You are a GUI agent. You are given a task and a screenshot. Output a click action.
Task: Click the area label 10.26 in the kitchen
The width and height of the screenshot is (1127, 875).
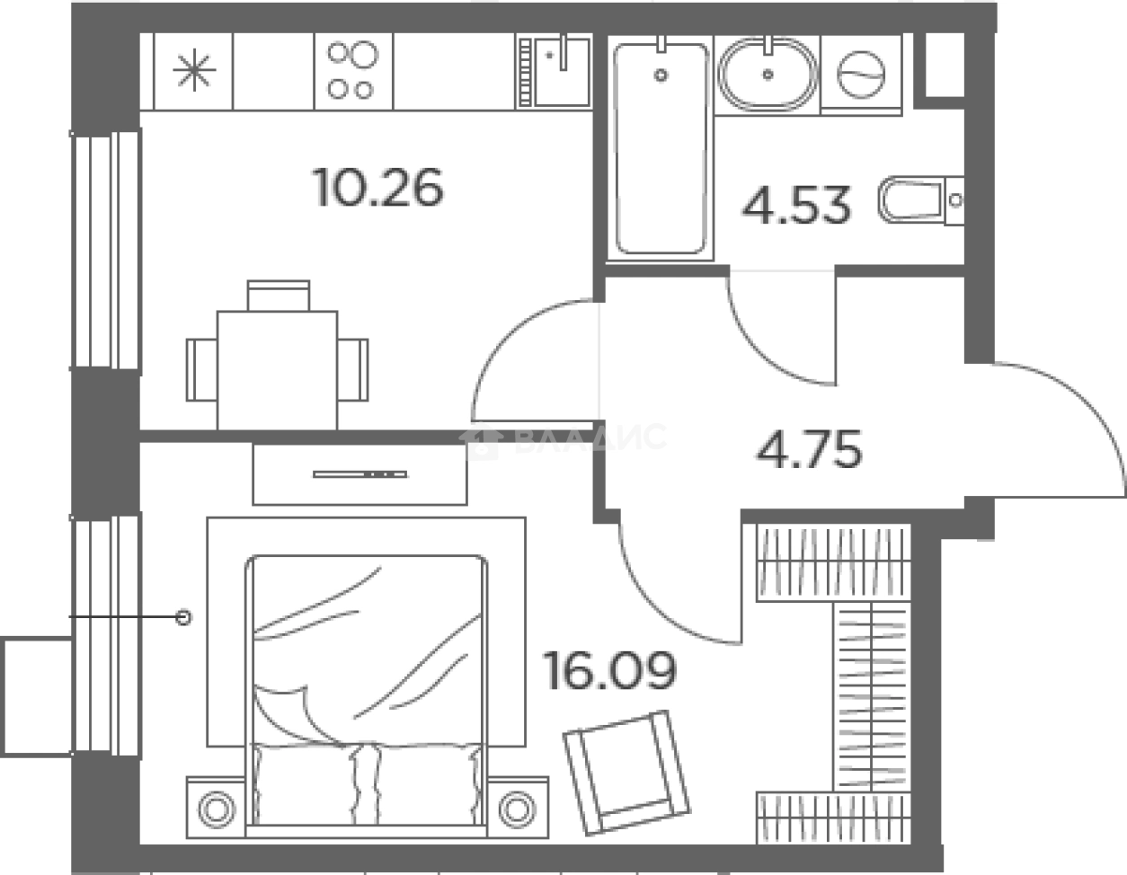(378, 187)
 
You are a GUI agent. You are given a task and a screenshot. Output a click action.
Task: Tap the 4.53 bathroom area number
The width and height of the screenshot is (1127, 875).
(796, 205)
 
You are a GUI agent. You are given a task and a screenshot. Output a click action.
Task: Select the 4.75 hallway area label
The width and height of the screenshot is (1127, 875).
(809, 449)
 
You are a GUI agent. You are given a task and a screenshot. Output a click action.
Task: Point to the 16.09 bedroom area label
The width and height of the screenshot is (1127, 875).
(610, 670)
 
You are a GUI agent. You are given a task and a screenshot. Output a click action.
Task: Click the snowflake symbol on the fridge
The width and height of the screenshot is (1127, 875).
(194, 70)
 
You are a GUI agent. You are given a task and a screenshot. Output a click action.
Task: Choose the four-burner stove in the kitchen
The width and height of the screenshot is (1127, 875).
(353, 71)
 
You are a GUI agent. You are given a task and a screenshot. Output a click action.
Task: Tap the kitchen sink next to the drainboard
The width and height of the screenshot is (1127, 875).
(563, 72)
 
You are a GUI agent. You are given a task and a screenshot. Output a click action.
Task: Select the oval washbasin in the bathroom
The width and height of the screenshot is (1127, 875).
(768, 74)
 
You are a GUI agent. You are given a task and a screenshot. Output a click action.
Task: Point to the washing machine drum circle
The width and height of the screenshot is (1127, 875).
(861, 75)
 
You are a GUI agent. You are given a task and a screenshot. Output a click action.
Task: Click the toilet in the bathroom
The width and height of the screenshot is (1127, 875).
(921, 200)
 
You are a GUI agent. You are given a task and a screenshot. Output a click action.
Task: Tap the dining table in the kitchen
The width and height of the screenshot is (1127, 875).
(278, 370)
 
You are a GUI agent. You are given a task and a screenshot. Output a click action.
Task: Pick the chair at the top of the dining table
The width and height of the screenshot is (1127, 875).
(279, 296)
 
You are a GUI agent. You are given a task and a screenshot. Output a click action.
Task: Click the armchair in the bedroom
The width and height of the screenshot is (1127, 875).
(626, 773)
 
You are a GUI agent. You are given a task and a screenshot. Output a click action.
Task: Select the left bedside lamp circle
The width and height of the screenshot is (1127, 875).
(217, 809)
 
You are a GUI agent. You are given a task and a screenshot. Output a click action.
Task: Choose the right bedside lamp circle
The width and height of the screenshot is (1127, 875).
(517, 809)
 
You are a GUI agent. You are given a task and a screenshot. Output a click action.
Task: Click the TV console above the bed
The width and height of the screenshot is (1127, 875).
(359, 473)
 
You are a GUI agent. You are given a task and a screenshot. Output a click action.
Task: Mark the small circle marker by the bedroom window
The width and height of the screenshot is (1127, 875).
(183, 617)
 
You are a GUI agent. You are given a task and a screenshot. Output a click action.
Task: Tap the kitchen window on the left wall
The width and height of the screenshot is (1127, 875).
(106, 250)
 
